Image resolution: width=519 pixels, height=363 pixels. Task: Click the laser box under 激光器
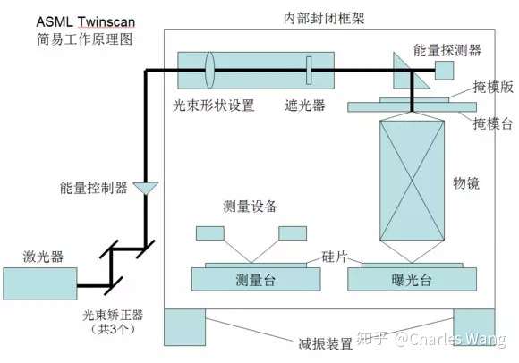(40, 284)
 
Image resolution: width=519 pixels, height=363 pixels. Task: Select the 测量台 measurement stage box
(256, 279)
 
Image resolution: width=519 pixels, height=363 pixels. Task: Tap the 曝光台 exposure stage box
(413, 279)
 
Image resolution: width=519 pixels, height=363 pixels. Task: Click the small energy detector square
(444, 71)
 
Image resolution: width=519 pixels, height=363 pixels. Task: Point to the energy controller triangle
(146, 188)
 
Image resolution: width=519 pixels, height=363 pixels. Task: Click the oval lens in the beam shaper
(209, 70)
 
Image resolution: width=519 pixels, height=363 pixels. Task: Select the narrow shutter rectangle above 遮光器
(309, 71)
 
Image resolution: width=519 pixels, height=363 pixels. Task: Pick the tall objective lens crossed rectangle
(412, 181)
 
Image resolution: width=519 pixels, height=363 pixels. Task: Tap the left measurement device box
(210, 233)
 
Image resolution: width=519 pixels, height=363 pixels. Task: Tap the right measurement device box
(293, 233)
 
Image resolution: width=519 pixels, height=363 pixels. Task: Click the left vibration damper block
(184, 327)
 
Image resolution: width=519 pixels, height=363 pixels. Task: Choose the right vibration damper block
(474, 327)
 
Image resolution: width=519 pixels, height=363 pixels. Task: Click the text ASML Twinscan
(86, 21)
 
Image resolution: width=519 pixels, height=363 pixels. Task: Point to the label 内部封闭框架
(324, 19)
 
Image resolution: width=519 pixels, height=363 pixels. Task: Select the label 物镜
(466, 182)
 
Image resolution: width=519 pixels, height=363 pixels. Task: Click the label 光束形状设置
(214, 106)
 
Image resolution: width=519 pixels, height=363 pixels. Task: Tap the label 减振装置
(326, 344)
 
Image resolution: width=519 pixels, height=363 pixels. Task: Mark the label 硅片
(335, 257)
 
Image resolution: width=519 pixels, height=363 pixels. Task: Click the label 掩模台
(493, 124)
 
